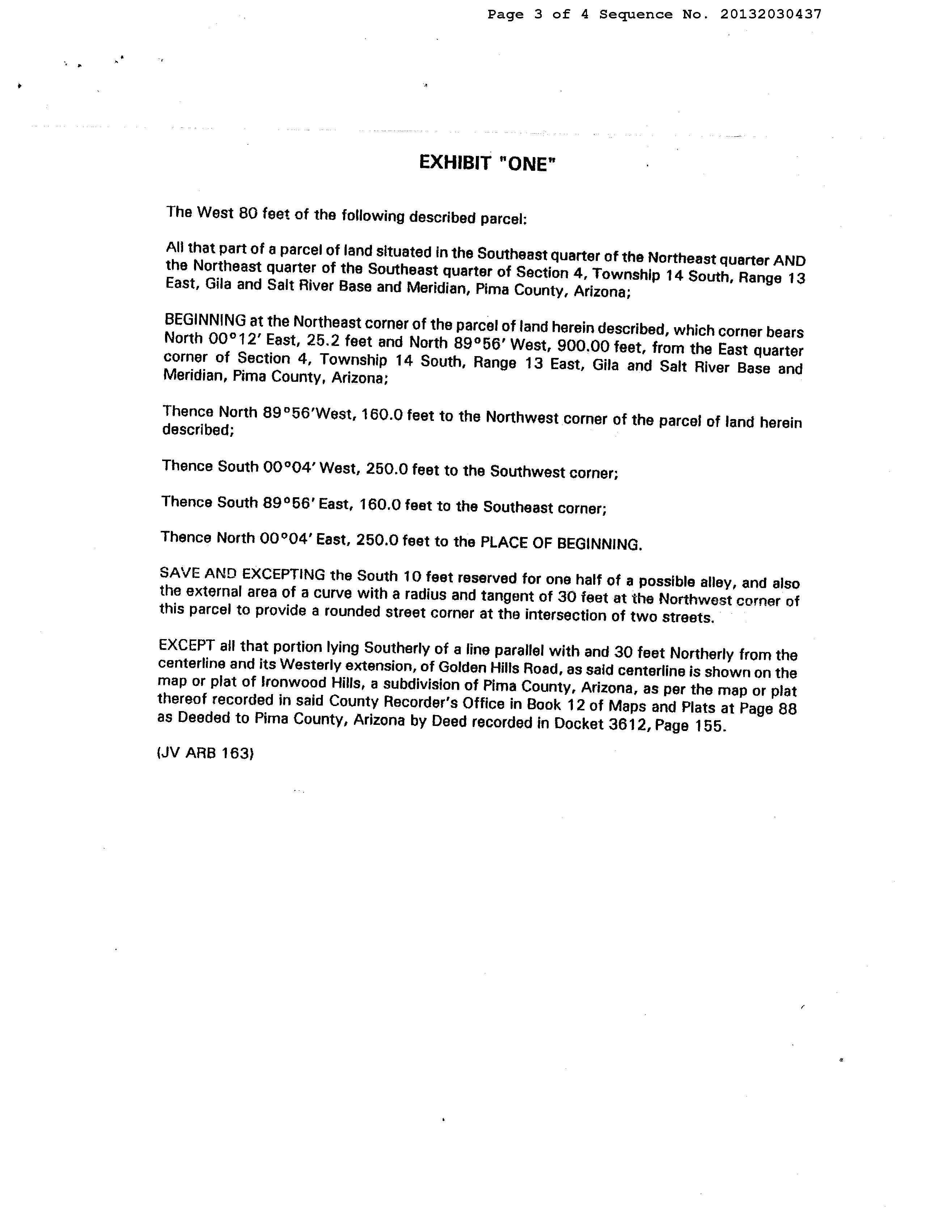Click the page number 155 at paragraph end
coord(709,726)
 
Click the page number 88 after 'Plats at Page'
coord(787,709)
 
